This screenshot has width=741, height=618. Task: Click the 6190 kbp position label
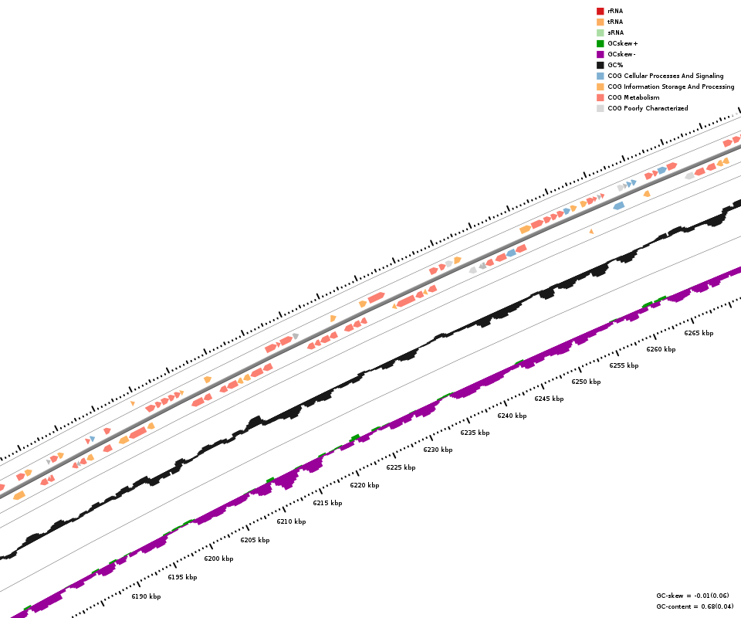tap(146, 596)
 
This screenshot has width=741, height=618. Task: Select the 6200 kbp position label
tap(218, 559)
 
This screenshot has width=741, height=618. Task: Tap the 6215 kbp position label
tap(327, 503)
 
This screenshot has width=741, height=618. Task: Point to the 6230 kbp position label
tap(438, 450)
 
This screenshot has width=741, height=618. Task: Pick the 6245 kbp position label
tap(549, 399)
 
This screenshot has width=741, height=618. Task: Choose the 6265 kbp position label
tap(699, 333)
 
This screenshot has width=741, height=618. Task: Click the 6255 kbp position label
tap(624, 365)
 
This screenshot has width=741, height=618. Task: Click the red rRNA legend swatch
tap(600, 11)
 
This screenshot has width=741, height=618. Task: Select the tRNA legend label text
tap(615, 22)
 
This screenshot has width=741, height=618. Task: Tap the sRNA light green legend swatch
tap(600, 32)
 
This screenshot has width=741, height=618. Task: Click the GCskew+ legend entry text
tap(623, 43)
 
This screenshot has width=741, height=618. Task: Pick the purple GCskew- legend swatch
tap(600, 54)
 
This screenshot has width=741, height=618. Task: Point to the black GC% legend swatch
tap(600, 65)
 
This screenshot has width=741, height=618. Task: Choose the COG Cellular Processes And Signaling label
tap(665, 76)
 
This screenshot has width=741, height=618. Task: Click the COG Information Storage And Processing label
tap(671, 87)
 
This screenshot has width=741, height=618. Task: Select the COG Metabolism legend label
tap(634, 97)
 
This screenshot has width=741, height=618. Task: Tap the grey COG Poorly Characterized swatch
tap(600, 108)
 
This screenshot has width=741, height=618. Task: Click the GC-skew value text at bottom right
tap(692, 596)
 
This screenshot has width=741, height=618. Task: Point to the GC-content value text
tap(695, 606)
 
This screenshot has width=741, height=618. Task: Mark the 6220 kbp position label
tap(364, 485)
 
